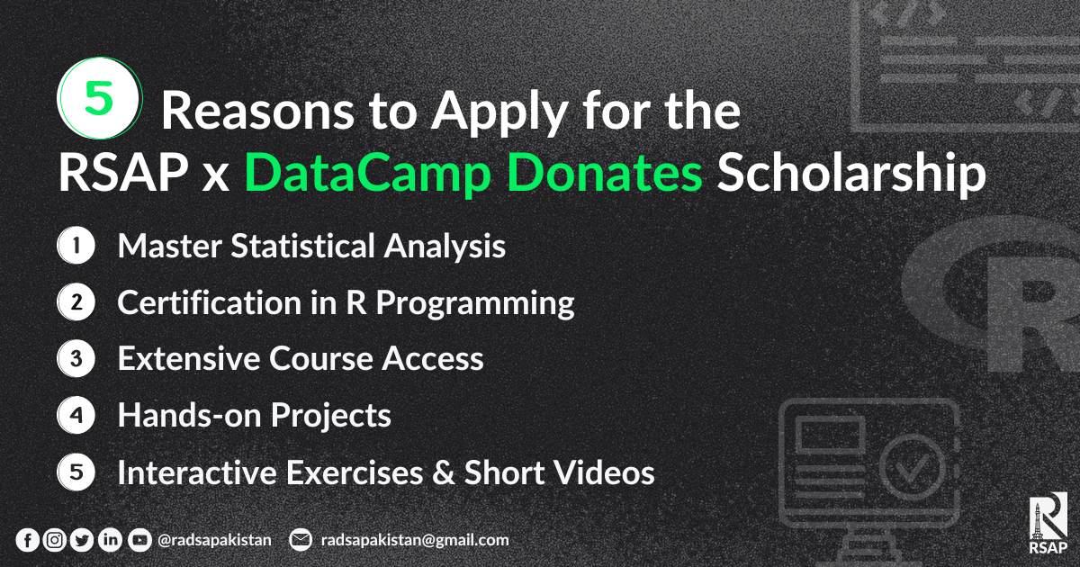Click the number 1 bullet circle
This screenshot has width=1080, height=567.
(76, 247)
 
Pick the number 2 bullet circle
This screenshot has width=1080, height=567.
(76, 303)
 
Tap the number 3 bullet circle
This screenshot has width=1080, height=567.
(76, 360)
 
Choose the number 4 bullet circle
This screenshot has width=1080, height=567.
(76, 416)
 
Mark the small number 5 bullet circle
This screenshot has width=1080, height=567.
(76, 472)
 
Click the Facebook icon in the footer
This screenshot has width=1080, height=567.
(28, 540)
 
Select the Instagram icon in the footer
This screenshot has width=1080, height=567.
(55, 540)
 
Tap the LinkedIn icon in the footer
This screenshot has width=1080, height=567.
(110, 540)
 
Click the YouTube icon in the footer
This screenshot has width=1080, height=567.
(139, 540)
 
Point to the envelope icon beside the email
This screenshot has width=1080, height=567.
(301, 540)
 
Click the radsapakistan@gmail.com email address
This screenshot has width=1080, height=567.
(414, 540)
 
